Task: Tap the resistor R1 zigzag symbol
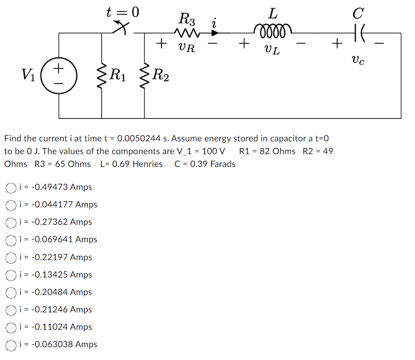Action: [x=101, y=76]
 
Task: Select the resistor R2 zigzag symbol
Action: [x=144, y=76]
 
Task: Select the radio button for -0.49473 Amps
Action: [x=11, y=187]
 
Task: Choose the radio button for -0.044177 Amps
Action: [x=11, y=205]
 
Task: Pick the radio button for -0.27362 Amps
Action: [x=11, y=222]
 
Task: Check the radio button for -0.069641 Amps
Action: [x=11, y=240]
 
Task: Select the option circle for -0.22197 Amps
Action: [x=11, y=257]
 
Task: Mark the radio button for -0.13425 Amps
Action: [x=11, y=274]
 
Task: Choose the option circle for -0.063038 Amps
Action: [x=11, y=345]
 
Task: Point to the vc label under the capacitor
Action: [x=358, y=61]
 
